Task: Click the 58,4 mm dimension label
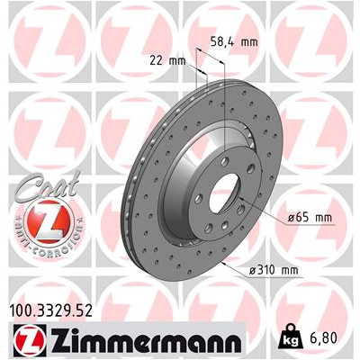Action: [x=234, y=42]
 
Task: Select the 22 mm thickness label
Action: [x=167, y=61]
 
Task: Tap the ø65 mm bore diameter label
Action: [x=310, y=218]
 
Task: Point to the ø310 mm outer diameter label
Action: [x=274, y=270]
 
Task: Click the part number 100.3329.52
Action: [x=51, y=310]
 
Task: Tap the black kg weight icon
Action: [x=290, y=337]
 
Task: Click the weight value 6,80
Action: [x=322, y=338]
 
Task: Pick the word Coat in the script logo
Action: [x=49, y=185]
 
